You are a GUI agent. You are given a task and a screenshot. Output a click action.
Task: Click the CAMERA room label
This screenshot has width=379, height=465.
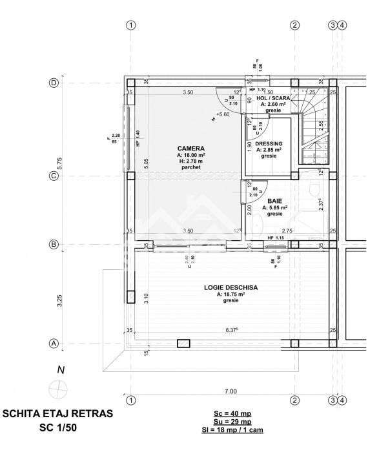coord(191,148)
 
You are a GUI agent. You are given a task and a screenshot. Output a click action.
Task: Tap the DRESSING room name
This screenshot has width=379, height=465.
coord(267,143)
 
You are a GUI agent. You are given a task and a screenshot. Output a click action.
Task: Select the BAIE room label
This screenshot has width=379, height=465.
coord(274,201)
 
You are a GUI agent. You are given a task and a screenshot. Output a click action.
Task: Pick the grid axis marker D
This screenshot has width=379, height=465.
coord(54,83)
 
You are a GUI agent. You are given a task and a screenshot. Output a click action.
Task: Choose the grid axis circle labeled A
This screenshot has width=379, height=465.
coord(54,344)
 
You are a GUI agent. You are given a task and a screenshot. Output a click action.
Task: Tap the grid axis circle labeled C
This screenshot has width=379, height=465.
coord(54,175)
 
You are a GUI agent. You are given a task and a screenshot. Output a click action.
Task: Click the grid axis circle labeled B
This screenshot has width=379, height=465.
coord(54,245)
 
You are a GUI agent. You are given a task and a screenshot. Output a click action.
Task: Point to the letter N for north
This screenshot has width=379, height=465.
coord(60,370)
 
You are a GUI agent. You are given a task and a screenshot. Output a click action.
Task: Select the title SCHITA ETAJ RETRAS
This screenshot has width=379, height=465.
coord(57,413)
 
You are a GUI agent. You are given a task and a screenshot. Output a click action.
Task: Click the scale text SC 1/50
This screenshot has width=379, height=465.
coord(57,428)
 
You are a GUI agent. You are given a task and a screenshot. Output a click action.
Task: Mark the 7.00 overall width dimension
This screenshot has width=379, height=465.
coord(230,391)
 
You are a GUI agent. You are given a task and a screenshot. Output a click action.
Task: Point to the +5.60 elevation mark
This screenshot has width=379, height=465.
coord(223,114)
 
